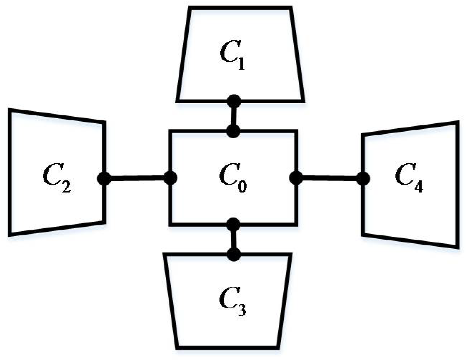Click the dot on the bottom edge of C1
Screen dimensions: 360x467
point(234,101)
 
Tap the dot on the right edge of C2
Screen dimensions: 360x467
point(104,178)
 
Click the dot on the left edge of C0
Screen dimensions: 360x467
point(170,178)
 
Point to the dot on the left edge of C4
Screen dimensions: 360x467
point(363,178)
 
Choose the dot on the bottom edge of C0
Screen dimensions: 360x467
point(233,224)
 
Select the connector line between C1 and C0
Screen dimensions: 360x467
point(234,116)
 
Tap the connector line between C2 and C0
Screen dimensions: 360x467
point(137,178)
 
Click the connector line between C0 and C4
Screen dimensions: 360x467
point(329,177)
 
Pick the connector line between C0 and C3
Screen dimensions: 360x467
point(234,239)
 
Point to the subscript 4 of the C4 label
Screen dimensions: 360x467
point(418,186)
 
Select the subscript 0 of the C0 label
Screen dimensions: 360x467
point(242,186)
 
